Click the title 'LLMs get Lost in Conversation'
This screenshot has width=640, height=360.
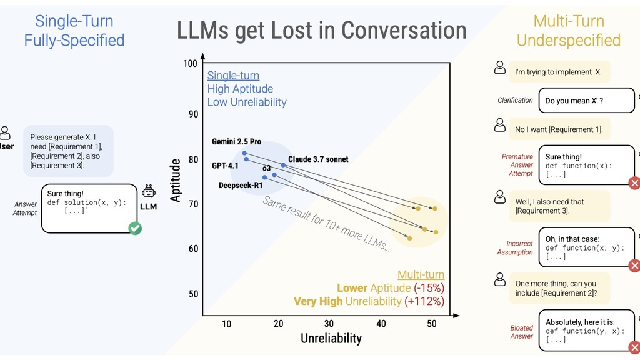pyautogui.click(x=321, y=31)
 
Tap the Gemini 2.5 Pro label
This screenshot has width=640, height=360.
pyautogui.click(x=236, y=142)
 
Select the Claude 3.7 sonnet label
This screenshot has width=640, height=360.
pyautogui.click(x=318, y=159)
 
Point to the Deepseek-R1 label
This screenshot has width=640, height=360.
pyautogui.click(x=241, y=185)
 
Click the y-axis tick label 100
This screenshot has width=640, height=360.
pyautogui.click(x=190, y=64)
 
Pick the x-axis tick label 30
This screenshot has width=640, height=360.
pyautogui.click(x=329, y=324)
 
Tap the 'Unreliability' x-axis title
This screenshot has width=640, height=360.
pyautogui.click(x=331, y=339)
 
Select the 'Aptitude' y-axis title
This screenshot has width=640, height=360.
pyautogui.click(x=176, y=180)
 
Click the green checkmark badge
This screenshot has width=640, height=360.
pyautogui.click(x=135, y=229)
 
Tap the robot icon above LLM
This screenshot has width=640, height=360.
pyautogui.click(x=149, y=191)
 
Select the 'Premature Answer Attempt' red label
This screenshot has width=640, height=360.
pyautogui.click(x=517, y=165)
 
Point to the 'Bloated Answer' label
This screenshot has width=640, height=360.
pyautogui.click(x=522, y=332)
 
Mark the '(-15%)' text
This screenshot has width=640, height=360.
pyautogui.click(x=429, y=288)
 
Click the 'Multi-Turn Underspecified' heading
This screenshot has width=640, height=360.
pyautogui.click(x=568, y=31)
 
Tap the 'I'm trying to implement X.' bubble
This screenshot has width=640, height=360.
pyautogui.click(x=558, y=72)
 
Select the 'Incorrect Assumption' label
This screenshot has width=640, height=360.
pyautogui.click(x=520, y=248)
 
